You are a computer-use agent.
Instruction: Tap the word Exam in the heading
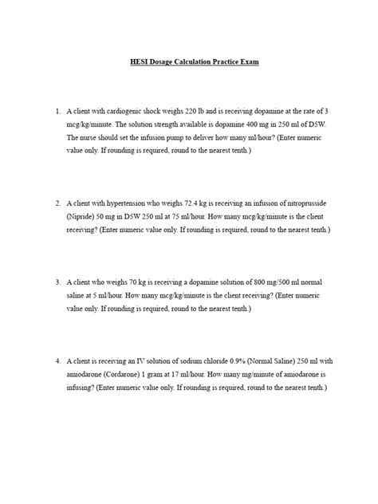coord(241,62)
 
